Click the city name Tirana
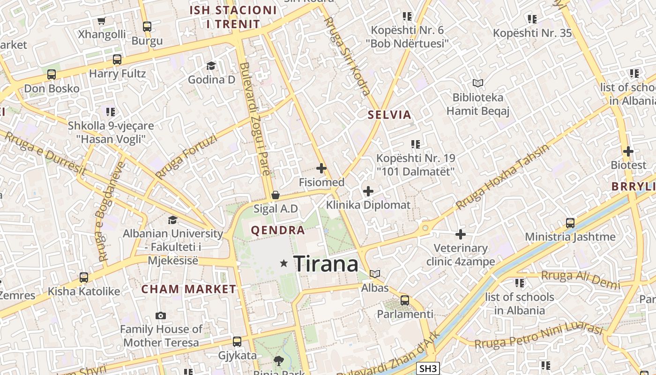[326, 264]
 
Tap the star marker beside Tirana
[283, 263]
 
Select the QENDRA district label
[278, 230]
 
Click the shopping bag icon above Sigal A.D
[276, 195]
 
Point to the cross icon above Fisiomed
[321, 168]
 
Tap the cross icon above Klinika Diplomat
[368, 191]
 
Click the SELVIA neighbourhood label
[389, 115]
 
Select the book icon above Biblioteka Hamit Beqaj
[477, 83]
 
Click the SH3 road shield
[428, 368]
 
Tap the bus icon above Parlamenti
[405, 300]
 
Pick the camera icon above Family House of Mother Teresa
[161, 315]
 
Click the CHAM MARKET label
[189, 289]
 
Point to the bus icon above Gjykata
[237, 341]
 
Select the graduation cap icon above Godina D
[211, 66]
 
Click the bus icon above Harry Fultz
[117, 60]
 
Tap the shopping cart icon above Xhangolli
[101, 21]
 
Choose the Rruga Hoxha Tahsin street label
[502, 177]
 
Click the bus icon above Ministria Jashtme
[570, 223]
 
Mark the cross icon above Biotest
[628, 151]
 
